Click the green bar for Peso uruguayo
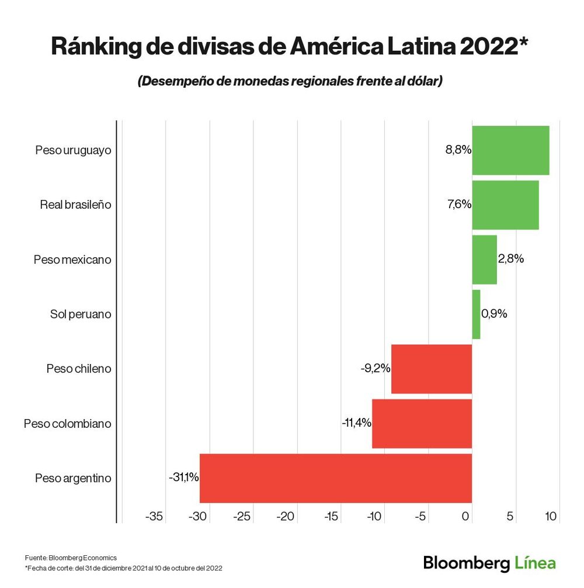510,150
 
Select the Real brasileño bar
505,205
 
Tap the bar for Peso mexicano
484,260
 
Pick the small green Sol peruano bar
476,314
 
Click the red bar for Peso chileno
432,369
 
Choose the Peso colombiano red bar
422,424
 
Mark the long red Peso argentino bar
336,478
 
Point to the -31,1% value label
183,477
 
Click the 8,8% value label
458,150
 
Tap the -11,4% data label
356,423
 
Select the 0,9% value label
494,313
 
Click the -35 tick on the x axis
154,516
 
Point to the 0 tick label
465,516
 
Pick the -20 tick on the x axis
285,516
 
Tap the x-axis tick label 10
551,516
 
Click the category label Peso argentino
73,478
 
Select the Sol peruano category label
81,314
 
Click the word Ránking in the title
96,47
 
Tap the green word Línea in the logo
535,563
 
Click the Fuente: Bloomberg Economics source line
71,558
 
